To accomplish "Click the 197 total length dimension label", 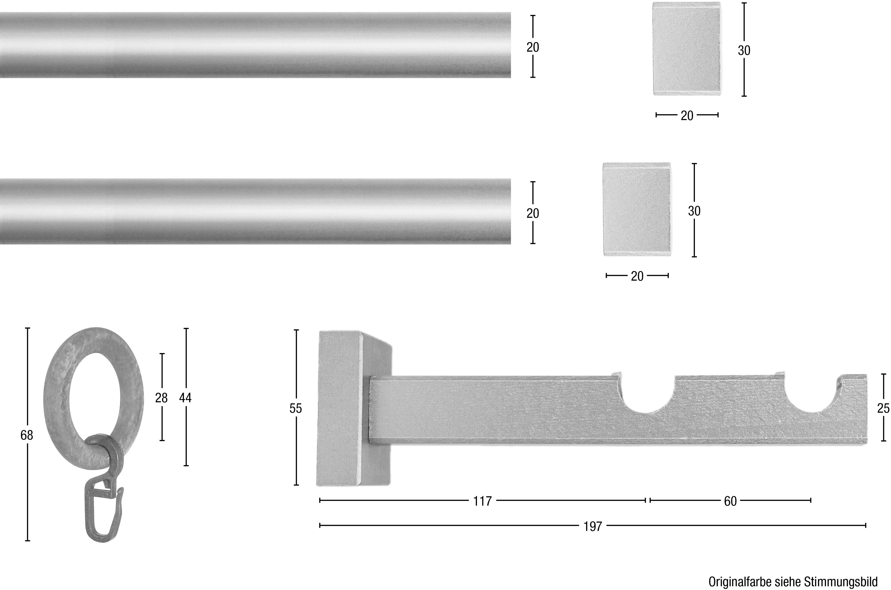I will click(x=593, y=526).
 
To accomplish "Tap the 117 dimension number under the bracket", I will click(x=483, y=501).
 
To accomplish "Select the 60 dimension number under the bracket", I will click(x=730, y=501).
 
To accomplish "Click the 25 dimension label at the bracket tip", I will click(x=883, y=408).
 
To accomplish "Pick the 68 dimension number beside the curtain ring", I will click(x=27, y=435).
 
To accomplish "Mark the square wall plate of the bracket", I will click(x=339, y=408).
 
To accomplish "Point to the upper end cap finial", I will click(x=686, y=49).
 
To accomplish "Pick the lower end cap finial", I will click(x=637, y=209).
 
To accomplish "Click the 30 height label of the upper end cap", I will click(x=744, y=50).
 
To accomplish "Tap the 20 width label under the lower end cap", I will click(x=637, y=276).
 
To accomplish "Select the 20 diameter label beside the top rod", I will click(x=532, y=47).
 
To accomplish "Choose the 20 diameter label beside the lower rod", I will click(x=532, y=213).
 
